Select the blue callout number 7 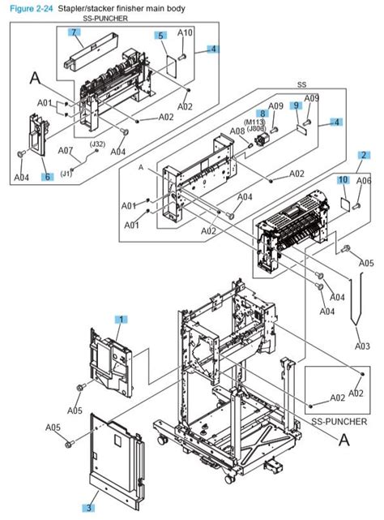[x=74, y=32]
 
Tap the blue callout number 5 [x=161, y=36]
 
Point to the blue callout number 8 [x=262, y=114]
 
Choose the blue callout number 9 [x=297, y=106]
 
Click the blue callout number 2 [x=365, y=155]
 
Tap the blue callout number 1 [x=121, y=320]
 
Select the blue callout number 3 [x=88, y=508]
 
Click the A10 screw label [x=185, y=32]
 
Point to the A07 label [x=65, y=150]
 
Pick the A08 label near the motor [x=237, y=131]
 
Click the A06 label [x=365, y=180]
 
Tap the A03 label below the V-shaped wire [x=362, y=346]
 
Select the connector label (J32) [x=97, y=144]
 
